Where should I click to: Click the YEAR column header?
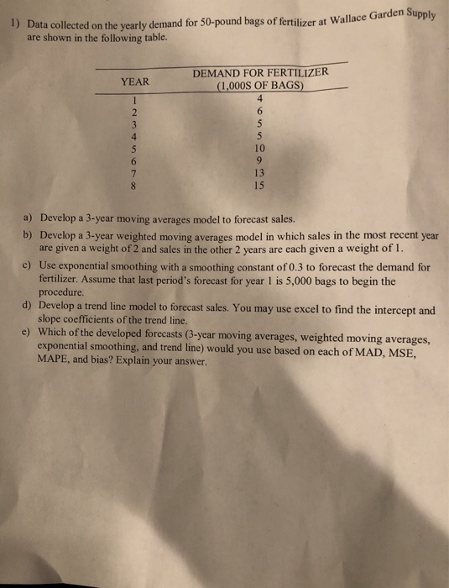(x=135, y=81)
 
